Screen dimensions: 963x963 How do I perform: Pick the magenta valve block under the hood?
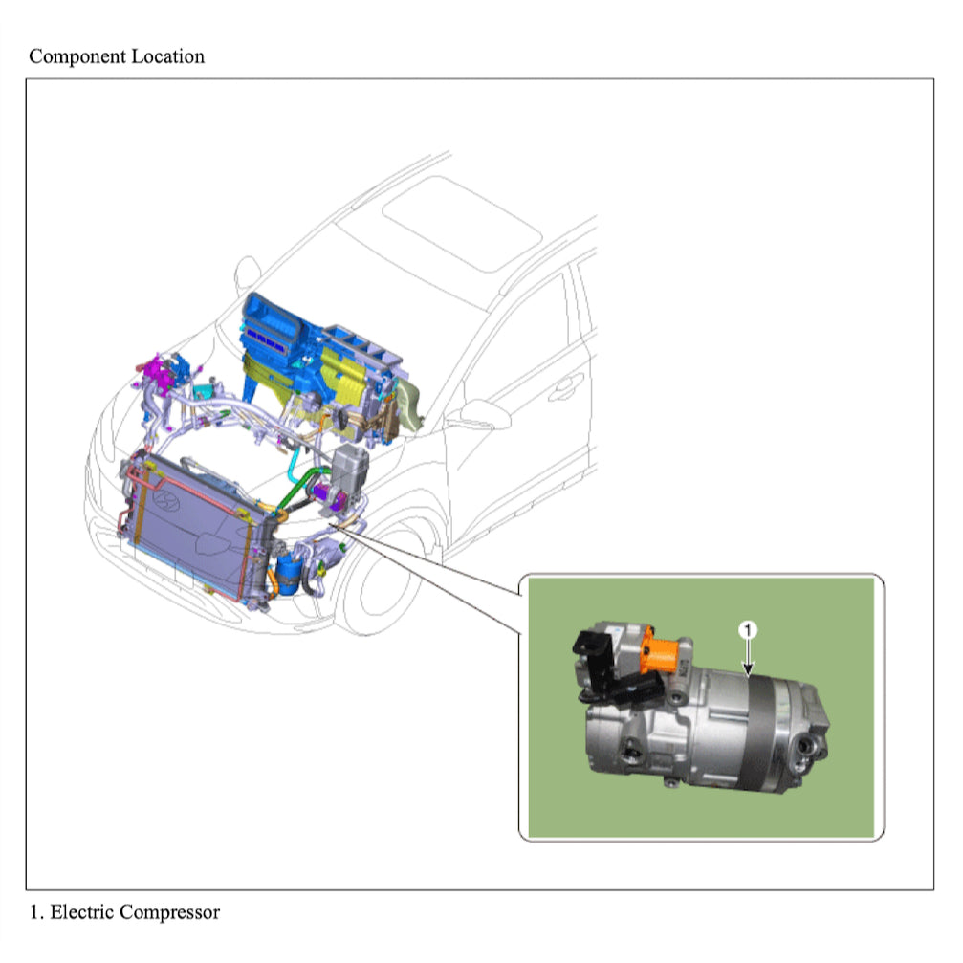coord(155,370)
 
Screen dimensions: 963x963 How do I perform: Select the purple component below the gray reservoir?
coord(334,497)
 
